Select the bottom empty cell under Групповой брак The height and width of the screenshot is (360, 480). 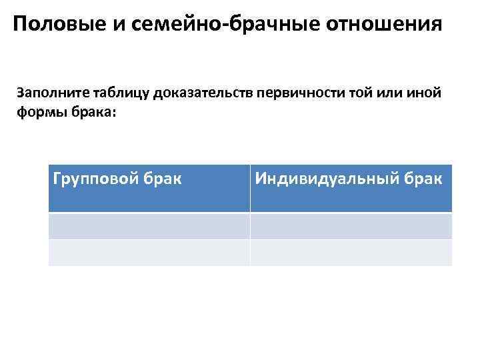tap(149, 252)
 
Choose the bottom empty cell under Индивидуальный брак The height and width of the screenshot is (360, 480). tap(351, 252)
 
